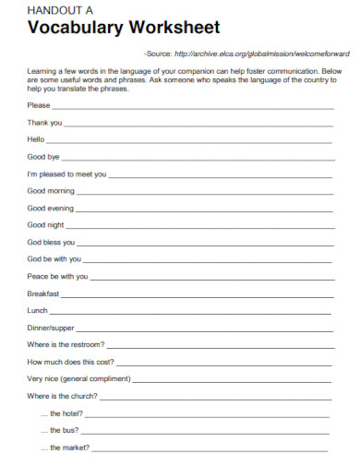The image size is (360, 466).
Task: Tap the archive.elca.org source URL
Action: [x=260, y=54]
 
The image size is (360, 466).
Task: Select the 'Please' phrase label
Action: [x=39, y=104]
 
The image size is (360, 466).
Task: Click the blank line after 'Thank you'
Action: [x=198, y=125]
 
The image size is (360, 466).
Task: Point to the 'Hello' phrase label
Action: [x=36, y=138]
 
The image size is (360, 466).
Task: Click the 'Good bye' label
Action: [x=43, y=156]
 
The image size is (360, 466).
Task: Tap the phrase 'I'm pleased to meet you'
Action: [x=67, y=173]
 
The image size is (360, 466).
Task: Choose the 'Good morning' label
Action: [x=51, y=190]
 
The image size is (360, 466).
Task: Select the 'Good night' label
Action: [x=45, y=224]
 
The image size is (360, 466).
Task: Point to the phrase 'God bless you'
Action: [x=52, y=242]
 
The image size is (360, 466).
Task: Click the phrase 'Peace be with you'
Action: [x=58, y=276]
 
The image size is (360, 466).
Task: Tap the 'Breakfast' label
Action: [x=43, y=293]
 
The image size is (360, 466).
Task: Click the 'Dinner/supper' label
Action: [x=51, y=328]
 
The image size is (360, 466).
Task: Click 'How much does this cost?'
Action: [x=71, y=362]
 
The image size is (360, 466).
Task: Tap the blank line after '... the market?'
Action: [x=210, y=449]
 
